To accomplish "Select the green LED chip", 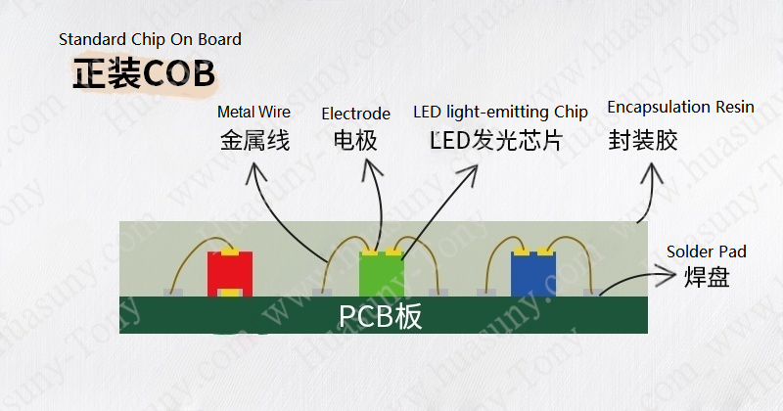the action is tap(381, 274).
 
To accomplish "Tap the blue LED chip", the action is tap(533, 274).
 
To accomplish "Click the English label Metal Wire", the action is tap(253, 112).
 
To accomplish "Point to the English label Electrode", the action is tap(355, 114).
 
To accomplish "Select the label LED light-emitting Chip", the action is tap(500, 112).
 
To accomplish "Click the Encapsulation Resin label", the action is tap(680, 108).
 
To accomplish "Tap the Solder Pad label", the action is tap(706, 251).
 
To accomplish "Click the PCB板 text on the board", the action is tap(380, 316).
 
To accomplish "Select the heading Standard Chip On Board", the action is tap(150, 39).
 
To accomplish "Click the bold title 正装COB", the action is tap(144, 73).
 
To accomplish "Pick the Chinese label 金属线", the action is tap(254, 140).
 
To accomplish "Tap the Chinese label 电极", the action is tap(355, 140).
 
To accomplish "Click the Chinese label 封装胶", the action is tap(643, 140).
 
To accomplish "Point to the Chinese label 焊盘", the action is tap(707, 277).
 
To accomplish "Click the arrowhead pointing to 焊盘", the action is tap(668, 275).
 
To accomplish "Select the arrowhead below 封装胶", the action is tap(652, 172).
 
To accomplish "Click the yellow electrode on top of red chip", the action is tap(230, 252).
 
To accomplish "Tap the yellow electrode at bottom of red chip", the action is tap(230, 293).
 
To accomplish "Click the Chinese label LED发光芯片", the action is tap(496, 140).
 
